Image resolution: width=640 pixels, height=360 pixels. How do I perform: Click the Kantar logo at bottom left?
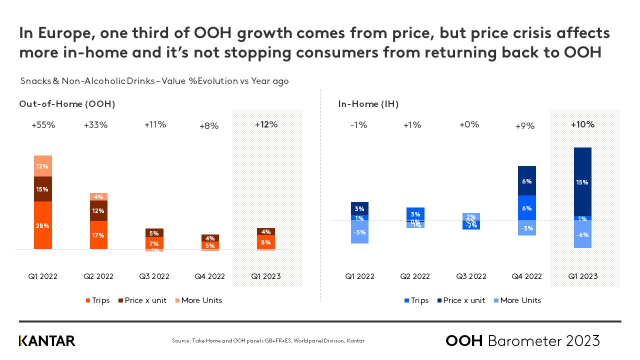(x=47, y=341)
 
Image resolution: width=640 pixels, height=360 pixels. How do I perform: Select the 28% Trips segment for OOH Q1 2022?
(x=42, y=225)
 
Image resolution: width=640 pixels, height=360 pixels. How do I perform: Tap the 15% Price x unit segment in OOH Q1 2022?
(x=42, y=189)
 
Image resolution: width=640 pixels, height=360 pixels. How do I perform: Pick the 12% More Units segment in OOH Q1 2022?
(x=42, y=166)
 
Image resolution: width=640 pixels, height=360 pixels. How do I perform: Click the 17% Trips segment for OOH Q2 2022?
(x=98, y=234)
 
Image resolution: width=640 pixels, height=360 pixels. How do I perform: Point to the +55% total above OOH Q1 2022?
(x=43, y=125)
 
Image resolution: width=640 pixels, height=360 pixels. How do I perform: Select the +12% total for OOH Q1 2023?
(x=266, y=124)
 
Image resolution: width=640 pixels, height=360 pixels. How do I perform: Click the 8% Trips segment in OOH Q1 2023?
(x=266, y=242)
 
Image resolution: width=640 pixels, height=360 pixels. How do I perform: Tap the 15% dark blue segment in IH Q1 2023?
(x=582, y=182)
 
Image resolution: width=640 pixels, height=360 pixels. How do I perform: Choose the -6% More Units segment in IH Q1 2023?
(x=582, y=234)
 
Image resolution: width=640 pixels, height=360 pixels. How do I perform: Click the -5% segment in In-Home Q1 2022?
(x=359, y=232)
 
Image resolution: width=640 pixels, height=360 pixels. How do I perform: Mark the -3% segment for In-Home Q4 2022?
(x=527, y=228)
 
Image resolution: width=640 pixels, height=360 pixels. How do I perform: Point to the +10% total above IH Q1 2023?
(x=582, y=124)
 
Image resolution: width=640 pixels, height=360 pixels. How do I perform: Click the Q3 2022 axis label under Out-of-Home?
(x=154, y=276)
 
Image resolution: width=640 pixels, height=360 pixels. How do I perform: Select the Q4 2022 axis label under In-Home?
(x=527, y=276)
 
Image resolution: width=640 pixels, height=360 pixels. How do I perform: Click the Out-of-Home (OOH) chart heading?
(x=67, y=104)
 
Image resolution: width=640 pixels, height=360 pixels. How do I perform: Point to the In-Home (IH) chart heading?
(x=368, y=104)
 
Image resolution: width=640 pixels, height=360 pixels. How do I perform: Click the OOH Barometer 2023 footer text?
(x=522, y=341)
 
